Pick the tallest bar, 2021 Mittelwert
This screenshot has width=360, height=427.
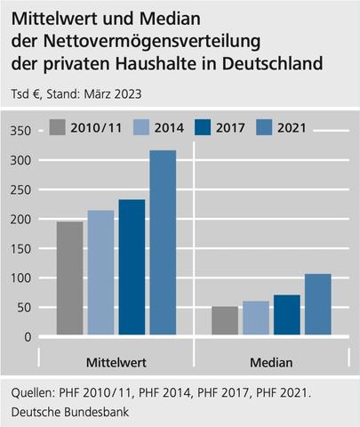pyautogui.click(x=163, y=244)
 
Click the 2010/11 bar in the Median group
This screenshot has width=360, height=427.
pyautogui.click(x=225, y=322)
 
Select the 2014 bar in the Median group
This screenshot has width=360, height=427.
pyautogui.click(x=256, y=319)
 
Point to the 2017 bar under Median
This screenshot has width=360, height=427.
pyautogui.click(x=287, y=316)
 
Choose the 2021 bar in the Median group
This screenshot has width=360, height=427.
pyautogui.click(x=318, y=305)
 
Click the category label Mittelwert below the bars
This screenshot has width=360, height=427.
pyautogui.click(x=116, y=363)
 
